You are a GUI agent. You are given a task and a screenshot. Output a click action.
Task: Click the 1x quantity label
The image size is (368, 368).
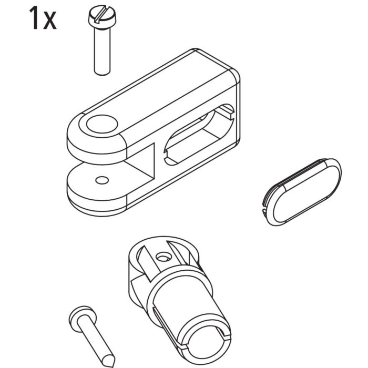[x=42, y=18]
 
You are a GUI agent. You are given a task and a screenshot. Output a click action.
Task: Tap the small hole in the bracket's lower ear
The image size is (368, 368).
[x=101, y=180]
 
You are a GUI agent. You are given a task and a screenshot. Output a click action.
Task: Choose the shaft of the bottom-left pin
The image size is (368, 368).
[x=95, y=337]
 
